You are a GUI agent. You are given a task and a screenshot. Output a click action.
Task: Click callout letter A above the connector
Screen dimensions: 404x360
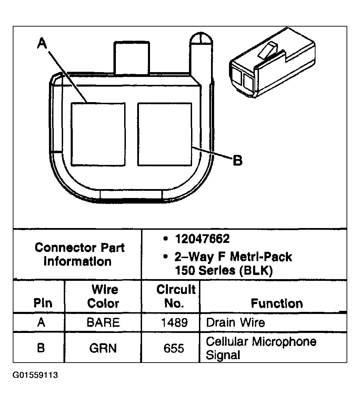click(42, 45)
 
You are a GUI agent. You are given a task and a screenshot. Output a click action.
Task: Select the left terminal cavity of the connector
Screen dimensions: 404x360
click(98, 134)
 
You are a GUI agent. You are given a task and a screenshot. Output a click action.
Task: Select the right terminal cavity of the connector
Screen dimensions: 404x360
click(164, 134)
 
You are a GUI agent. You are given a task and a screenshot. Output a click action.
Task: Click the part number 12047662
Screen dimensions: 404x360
click(202, 239)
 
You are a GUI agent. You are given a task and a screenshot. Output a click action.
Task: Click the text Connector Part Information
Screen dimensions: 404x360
click(79, 254)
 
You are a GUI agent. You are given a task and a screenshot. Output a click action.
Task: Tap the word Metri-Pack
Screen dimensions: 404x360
click(261, 257)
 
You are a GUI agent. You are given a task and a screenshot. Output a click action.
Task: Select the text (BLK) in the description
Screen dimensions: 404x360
click(255, 270)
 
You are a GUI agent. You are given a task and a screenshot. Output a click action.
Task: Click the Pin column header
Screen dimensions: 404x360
click(43, 303)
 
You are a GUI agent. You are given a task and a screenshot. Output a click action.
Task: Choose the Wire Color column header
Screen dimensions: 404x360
click(103, 296)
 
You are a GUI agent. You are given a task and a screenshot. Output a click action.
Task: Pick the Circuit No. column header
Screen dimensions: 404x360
click(176, 296)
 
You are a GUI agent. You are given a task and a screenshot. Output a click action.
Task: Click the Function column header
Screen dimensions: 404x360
click(277, 303)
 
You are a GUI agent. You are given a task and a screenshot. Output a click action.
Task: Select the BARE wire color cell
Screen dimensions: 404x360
click(103, 323)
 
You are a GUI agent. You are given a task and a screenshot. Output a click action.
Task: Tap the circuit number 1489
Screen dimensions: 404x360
click(174, 323)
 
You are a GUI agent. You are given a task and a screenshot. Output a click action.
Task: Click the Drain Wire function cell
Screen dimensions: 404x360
click(235, 323)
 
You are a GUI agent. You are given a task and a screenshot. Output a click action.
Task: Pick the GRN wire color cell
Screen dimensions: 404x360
click(103, 348)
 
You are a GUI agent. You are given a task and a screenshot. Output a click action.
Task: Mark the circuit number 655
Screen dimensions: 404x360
click(174, 348)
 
